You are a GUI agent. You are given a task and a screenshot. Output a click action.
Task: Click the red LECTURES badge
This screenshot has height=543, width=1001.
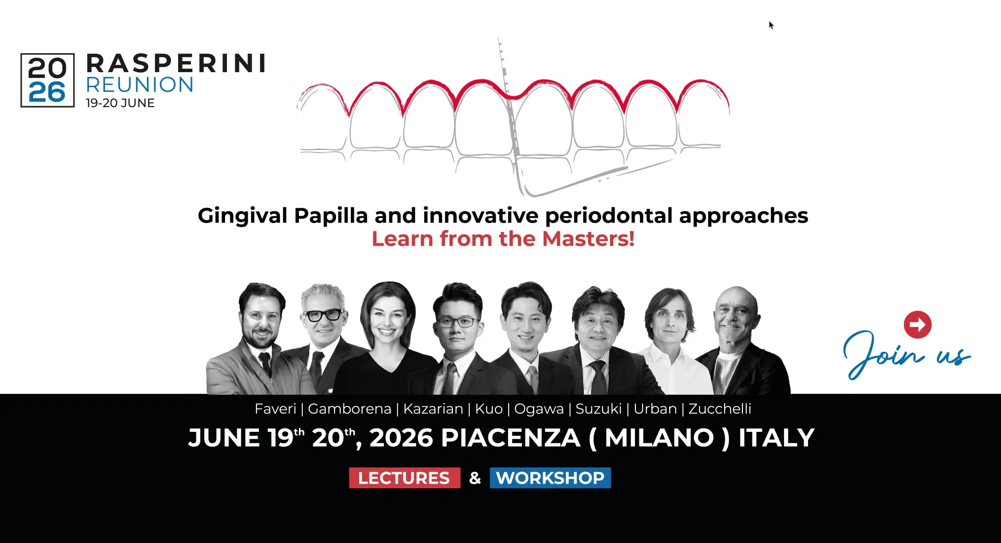pyautogui.click(x=405, y=478)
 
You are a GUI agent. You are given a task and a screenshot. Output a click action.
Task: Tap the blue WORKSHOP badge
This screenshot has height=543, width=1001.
pyautogui.click(x=550, y=478)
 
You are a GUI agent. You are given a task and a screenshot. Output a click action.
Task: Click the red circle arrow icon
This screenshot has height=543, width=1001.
pyautogui.click(x=918, y=324)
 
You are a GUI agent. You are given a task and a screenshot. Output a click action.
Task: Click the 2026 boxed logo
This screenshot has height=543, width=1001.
pyautogui.click(x=47, y=80)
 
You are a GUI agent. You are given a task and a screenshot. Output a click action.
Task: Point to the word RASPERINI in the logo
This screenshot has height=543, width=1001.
pyautogui.click(x=176, y=64)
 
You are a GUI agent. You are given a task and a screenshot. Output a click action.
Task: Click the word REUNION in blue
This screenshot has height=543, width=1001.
pyautogui.click(x=140, y=85)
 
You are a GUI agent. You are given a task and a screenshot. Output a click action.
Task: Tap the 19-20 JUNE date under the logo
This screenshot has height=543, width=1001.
pyautogui.click(x=120, y=103)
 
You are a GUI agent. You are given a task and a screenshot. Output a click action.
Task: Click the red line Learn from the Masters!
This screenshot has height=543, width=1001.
pyautogui.click(x=503, y=239)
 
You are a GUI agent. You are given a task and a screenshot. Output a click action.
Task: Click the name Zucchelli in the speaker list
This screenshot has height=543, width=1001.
pyautogui.click(x=720, y=409)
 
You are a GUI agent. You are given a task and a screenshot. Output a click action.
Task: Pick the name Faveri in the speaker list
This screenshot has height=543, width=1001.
pyautogui.click(x=275, y=409)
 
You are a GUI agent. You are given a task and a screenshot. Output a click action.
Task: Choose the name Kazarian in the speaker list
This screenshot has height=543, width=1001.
pyautogui.click(x=433, y=409)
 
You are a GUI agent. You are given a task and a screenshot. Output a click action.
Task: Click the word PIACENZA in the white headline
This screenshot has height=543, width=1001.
pyautogui.click(x=510, y=438)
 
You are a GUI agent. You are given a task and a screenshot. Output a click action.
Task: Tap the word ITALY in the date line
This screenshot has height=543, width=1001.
pyautogui.click(x=776, y=438)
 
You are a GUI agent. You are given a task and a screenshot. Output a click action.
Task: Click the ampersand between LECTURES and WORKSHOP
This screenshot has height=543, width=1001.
pyautogui.click(x=475, y=478)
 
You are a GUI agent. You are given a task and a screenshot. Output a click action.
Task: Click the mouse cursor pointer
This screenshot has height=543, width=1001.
pyautogui.click(x=771, y=25)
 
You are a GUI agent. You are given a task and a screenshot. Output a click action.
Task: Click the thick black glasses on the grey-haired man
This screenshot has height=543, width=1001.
pyautogui.click(x=323, y=315)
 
